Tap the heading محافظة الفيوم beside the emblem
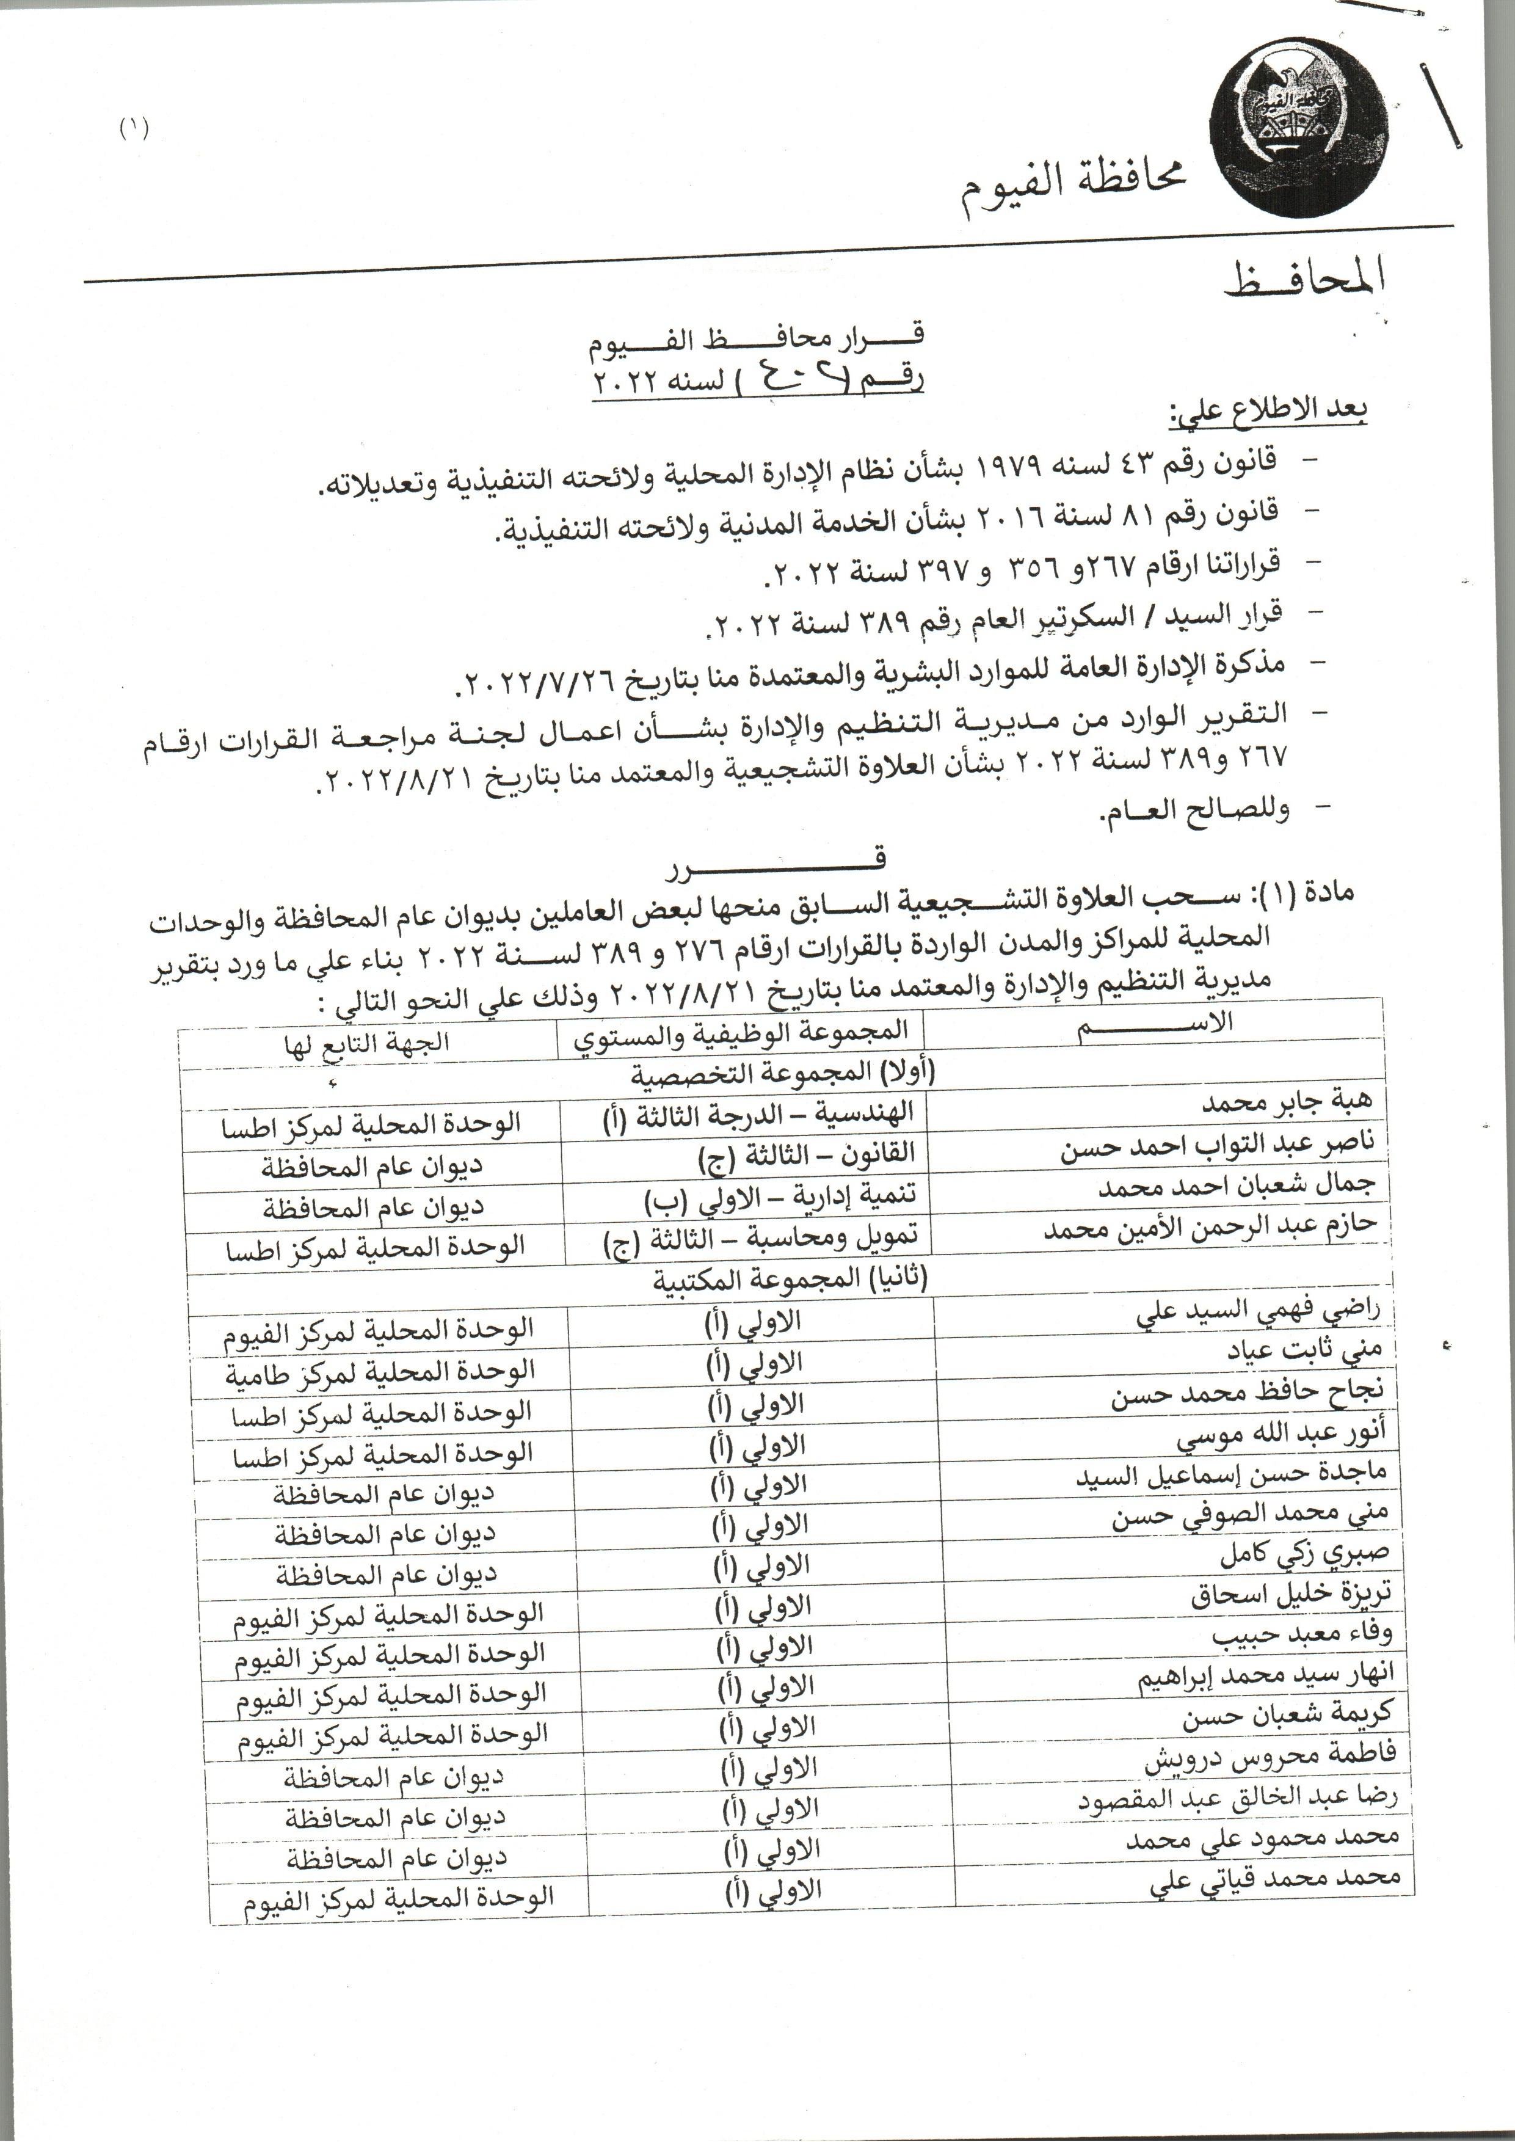tap(1073, 189)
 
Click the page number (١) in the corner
tap(133, 128)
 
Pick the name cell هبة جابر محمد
tap(1287, 1104)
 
